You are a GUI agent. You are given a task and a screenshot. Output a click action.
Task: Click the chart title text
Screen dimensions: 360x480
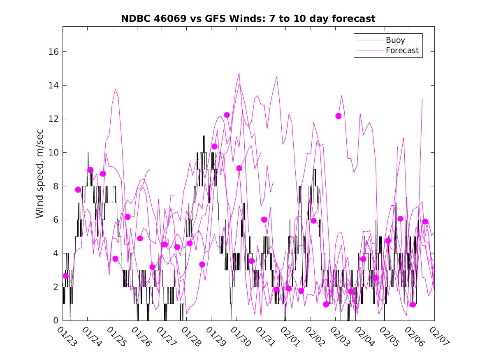(248, 19)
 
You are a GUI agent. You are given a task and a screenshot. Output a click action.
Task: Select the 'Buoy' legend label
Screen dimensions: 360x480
(395, 40)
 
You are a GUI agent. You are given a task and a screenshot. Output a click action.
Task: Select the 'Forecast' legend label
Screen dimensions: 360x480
(402, 51)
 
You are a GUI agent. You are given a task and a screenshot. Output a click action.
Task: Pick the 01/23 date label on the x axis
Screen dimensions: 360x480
(66, 337)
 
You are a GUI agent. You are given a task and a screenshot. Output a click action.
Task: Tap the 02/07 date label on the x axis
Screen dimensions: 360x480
(438, 337)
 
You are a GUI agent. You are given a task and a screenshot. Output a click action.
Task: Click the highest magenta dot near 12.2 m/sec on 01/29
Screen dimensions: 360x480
(227, 115)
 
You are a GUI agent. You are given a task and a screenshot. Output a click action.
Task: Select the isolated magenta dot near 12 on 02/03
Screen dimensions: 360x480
(339, 116)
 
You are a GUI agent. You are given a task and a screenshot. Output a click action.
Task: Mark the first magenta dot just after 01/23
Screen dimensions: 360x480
(65, 276)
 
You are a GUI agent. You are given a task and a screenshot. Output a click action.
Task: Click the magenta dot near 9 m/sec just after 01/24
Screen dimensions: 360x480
(90, 170)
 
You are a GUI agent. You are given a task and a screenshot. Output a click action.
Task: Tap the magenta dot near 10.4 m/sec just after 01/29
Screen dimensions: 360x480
(214, 146)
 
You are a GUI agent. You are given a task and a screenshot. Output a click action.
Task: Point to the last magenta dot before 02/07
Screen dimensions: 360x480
(425, 222)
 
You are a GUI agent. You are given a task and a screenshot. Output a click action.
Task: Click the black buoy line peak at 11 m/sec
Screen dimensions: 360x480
(204, 136)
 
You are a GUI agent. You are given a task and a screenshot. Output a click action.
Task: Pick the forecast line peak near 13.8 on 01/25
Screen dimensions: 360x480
(115, 89)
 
